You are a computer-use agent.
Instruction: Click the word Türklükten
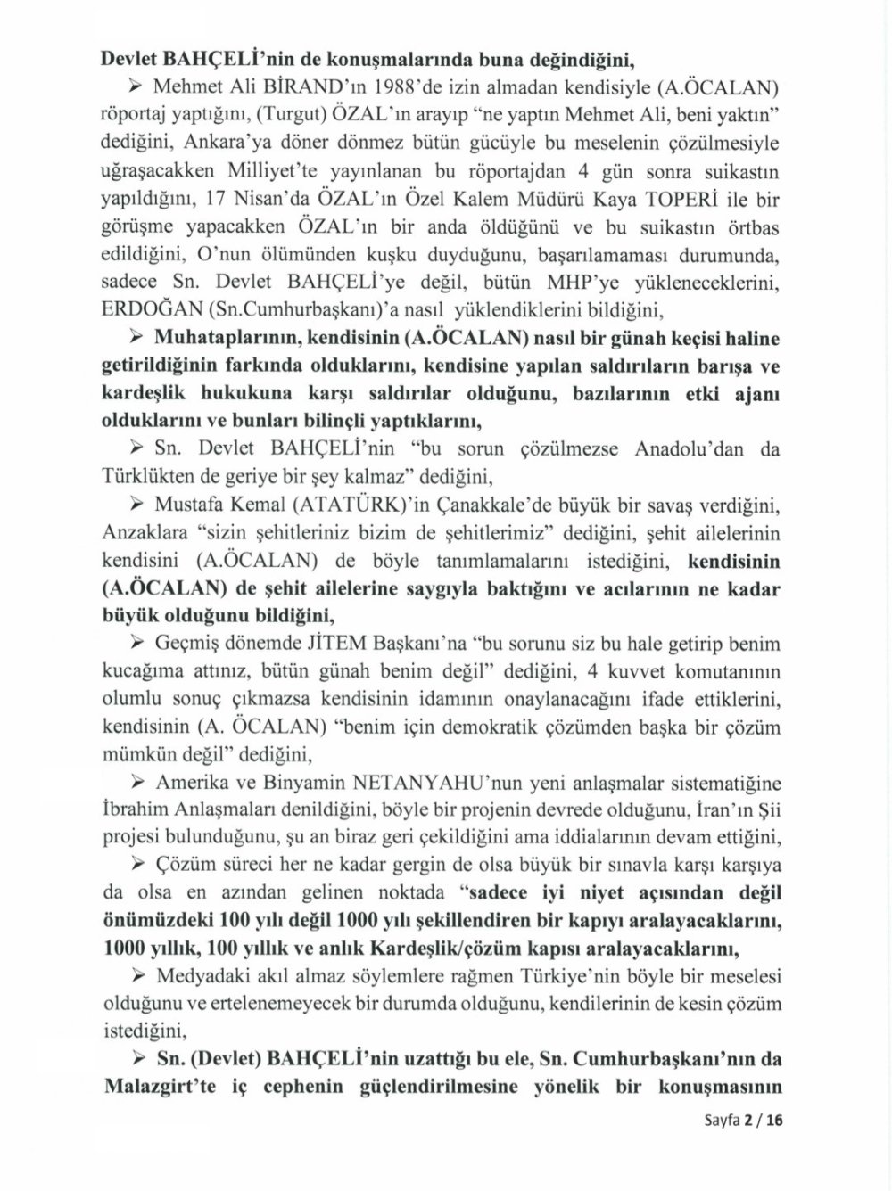[x=146, y=476]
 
